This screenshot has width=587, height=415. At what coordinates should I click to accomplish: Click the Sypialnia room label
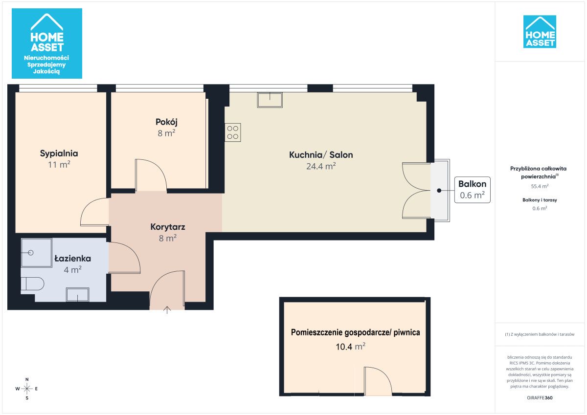tap(59, 153)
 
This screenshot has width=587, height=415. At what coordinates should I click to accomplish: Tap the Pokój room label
tap(166, 122)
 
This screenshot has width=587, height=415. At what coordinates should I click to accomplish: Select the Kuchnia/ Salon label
tap(321, 155)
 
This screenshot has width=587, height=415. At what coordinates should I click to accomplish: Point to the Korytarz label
tap(168, 227)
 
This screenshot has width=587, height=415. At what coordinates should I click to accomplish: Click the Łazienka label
tap(72, 259)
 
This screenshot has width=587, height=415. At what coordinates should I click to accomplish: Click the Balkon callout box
tap(472, 190)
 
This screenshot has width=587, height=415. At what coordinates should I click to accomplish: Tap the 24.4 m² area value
tap(321, 166)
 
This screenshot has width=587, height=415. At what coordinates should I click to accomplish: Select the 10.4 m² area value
tap(350, 347)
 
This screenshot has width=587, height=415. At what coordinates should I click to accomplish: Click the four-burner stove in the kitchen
tap(233, 132)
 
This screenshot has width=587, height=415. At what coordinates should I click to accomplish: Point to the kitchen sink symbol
tap(270, 100)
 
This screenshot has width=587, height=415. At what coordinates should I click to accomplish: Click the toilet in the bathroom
tap(32, 284)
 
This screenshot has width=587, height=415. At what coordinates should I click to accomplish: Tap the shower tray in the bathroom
tap(36, 253)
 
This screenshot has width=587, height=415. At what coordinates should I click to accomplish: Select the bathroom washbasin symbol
tap(78, 295)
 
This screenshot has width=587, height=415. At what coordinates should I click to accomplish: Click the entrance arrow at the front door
tap(167, 310)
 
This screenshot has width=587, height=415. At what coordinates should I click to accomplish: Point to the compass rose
tap(27, 389)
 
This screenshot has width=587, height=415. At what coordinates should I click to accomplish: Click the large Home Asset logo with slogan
tap(47, 44)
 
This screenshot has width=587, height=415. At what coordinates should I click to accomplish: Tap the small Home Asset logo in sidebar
tap(540, 32)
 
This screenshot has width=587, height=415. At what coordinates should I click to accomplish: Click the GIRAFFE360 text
tap(540, 398)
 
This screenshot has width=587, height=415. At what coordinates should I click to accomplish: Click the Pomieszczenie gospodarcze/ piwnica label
tap(355, 332)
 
